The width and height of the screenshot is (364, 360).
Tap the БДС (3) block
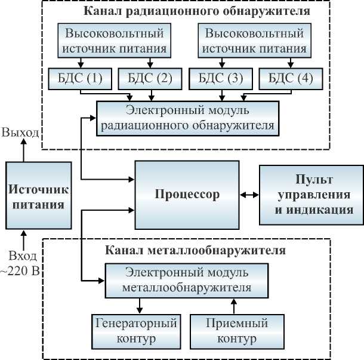click(x=220, y=78)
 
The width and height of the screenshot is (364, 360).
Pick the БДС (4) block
click(x=291, y=78)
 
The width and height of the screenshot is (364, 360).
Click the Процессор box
click(x=187, y=195)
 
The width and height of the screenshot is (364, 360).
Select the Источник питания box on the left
click(x=35, y=196)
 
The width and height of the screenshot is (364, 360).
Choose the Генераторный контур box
click(x=137, y=331)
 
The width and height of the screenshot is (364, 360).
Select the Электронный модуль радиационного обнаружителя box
click(x=187, y=118)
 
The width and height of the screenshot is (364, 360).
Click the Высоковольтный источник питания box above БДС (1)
click(x=115, y=39)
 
